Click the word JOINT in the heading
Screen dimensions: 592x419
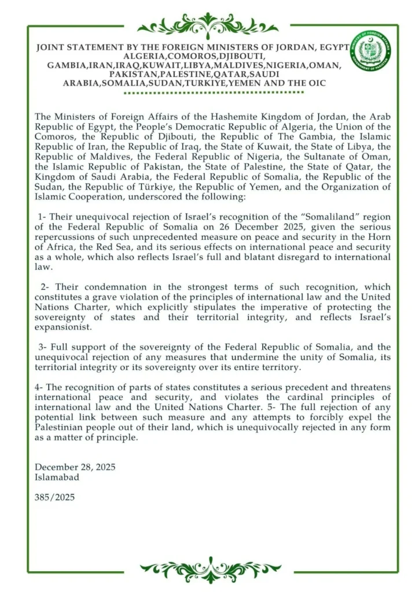click(x=51, y=47)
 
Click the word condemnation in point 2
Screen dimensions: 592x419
click(x=94, y=287)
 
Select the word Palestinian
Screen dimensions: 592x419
click(x=66, y=427)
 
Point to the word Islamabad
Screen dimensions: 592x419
click(x=57, y=478)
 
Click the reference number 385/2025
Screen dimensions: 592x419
click(x=54, y=497)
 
